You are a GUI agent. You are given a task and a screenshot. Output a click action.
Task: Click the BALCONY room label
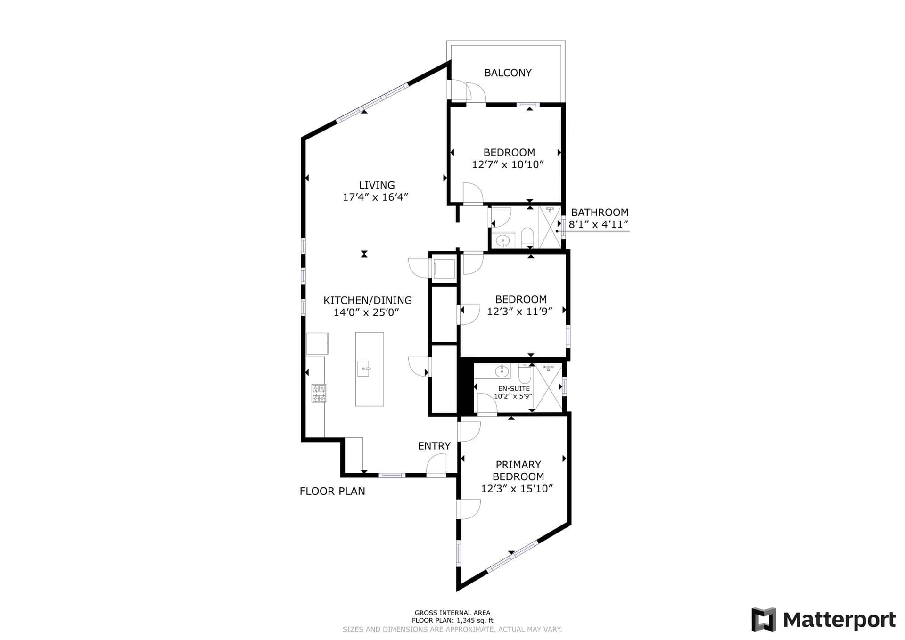click(x=508, y=73)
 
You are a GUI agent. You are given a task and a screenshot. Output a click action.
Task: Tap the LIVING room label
click(x=377, y=185)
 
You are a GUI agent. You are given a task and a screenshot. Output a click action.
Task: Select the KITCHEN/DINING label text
click(x=368, y=300)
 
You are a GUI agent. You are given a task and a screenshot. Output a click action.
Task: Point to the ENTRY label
click(x=434, y=446)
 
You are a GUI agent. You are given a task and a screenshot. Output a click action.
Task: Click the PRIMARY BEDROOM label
click(x=518, y=470)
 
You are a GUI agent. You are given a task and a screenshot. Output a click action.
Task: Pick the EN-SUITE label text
click(x=514, y=388)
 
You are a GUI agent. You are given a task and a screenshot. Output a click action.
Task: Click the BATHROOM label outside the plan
click(x=600, y=213)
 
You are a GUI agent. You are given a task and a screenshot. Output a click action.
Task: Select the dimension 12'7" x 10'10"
click(x=508, y=164)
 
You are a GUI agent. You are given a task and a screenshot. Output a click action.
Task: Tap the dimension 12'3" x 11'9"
click(x=520, y=312)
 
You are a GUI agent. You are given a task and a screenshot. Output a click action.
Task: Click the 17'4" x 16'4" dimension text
click(x=375, y=197)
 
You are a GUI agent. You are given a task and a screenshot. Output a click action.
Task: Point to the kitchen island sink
click(x=363, y=369)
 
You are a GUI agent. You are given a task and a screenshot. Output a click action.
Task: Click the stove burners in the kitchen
click(x=319, y=393)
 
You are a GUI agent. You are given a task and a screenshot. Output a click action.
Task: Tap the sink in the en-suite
click(x=502, y=371)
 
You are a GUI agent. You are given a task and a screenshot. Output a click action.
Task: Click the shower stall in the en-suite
click(x=548, y=387)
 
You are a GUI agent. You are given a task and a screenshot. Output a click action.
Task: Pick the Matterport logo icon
click(x=764, y=619)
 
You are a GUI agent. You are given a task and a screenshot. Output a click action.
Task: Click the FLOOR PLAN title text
click(x=332, y=491)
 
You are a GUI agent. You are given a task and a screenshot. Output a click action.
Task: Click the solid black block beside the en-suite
click(x=466, y=387)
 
